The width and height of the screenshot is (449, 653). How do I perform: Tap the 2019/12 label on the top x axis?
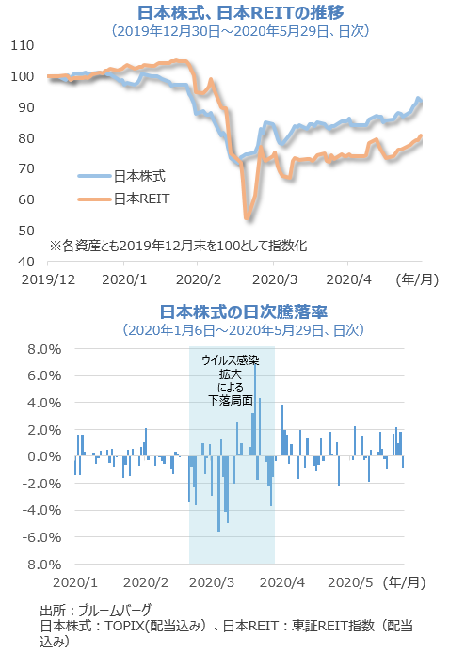(48, 279)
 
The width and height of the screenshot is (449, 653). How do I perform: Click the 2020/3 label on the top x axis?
(275, 279)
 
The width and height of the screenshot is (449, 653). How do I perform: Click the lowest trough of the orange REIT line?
(248, 218)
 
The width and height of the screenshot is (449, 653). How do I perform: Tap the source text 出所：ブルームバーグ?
(95, 610)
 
